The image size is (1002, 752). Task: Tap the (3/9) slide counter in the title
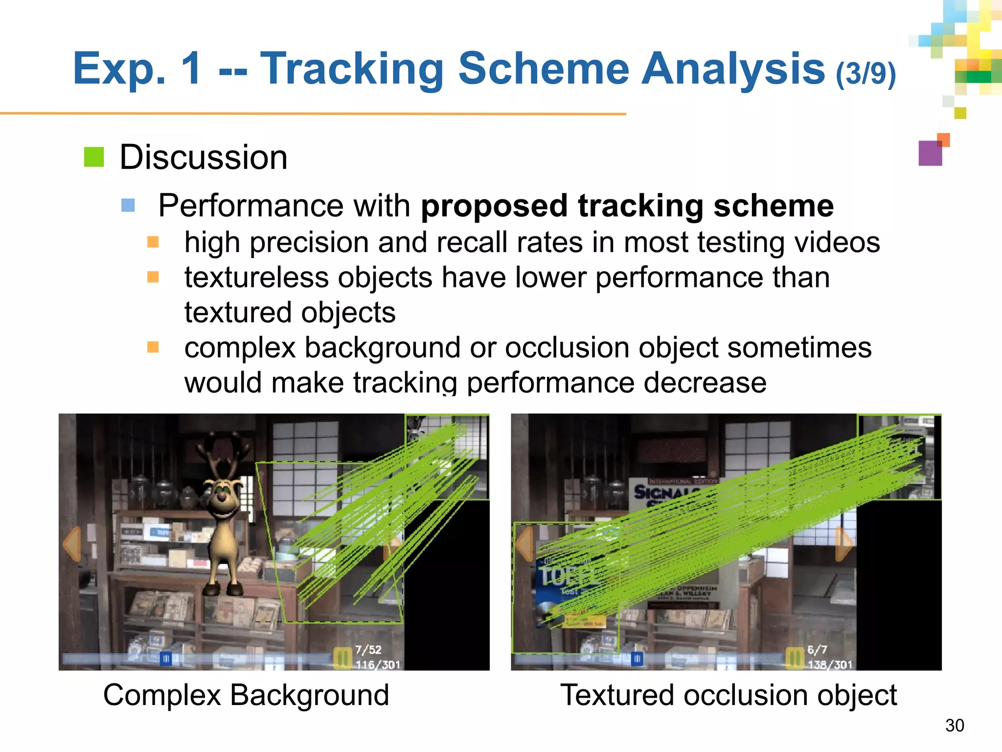click(865, 73)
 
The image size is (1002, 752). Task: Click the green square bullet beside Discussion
click(94, 157)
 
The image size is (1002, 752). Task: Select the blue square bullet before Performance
click(128, 205)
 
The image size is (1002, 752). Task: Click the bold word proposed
click(494, 206)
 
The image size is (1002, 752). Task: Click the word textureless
click(256, 278)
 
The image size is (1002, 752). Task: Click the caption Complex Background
click(246, 695)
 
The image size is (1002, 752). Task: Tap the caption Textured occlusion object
click(728, 695)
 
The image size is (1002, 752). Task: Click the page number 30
click(955, 726)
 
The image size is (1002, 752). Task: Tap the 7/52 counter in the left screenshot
click(368, 650)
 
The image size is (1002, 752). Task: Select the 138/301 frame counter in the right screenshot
click(830, 664)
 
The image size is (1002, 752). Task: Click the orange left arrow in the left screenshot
click(72, 543)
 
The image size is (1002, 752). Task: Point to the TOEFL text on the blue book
click(568, 576)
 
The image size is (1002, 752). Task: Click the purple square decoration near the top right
click(930, 153)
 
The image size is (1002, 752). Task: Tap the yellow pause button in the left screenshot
click(342, 658)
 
